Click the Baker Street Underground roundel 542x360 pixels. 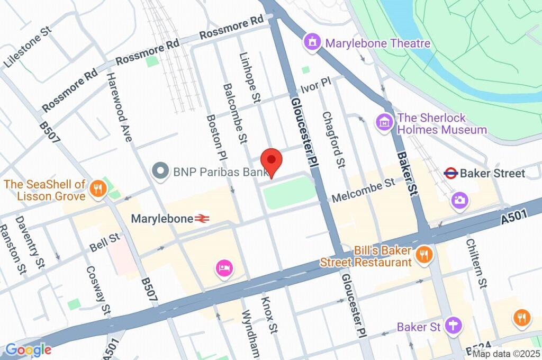(450, 173)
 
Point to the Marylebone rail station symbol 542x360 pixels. (202, 218)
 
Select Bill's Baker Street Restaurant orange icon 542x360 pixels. (424, 256)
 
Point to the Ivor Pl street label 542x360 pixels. (315, 85)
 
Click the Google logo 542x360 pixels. (28, 349)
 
